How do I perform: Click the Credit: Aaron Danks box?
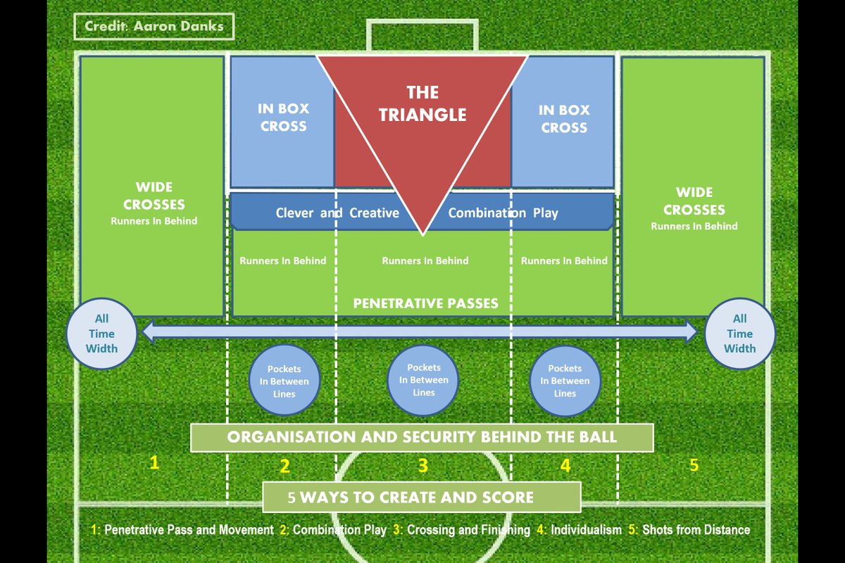[154, 26]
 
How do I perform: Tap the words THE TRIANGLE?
[423, 103]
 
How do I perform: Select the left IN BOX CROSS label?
[284, 118]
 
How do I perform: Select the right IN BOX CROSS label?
[563, 119]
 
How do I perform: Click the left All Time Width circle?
[101, 334]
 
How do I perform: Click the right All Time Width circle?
[739, 334]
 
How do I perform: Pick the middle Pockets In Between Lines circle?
[424, 380]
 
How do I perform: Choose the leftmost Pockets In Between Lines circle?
[284, 381]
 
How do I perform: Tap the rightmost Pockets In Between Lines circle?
[565, 381]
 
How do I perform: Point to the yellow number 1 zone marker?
[154, 462]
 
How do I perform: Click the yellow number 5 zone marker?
[694, 464]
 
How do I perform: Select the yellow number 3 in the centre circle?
[423, 465]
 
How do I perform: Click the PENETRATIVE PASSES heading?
[425, 304]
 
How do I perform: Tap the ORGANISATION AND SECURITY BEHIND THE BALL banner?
[422, 437]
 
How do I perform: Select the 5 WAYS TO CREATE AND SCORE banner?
[421, 497]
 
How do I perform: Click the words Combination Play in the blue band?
[503, 213]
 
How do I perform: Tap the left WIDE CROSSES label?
[154, 196]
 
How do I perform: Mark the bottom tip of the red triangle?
[423, 234]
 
